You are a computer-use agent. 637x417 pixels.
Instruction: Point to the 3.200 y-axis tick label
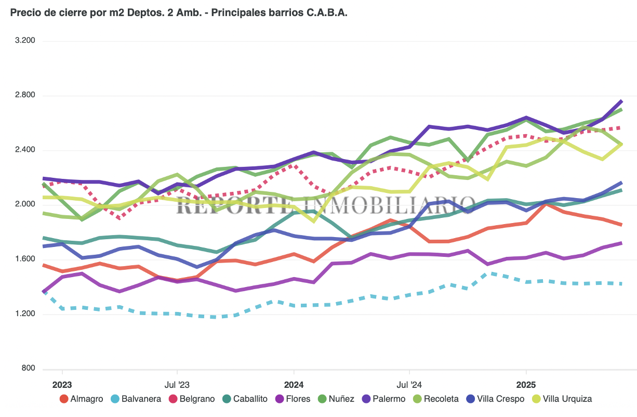click(x=24, y=41)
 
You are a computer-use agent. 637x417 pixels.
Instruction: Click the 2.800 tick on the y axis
click(x=24, y=95)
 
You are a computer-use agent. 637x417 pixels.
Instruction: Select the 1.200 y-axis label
click(x=24, y=314)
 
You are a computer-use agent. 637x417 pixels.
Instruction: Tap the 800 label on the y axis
click(x=28, y=368)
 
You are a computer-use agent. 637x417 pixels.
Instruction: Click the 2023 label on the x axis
click(x=62, y=385)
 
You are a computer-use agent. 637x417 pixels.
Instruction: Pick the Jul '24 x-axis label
click(x=409, y=385)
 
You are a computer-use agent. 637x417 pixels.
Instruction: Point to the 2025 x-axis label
click(x=526, y=385)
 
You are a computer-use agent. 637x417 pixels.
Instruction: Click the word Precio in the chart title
click(x=25, y=12)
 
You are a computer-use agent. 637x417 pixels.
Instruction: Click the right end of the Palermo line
click(x=621, y=101)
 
